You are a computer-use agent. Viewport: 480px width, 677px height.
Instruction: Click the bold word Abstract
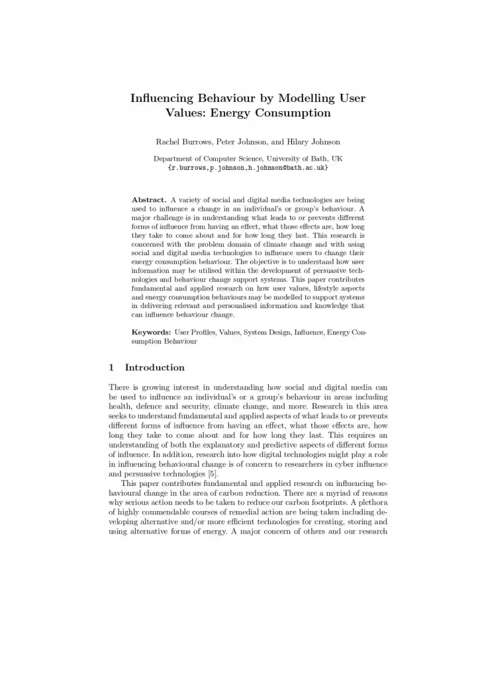click(x=149, y=200)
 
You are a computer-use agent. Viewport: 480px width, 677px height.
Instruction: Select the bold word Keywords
click(x=152, y=331)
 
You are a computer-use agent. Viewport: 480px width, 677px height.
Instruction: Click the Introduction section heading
click(x=155, y=368)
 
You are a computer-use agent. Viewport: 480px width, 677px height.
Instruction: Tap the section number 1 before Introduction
click(x=111, y=368)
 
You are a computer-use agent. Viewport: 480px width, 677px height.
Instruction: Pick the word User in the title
click(x=351, y=99)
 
